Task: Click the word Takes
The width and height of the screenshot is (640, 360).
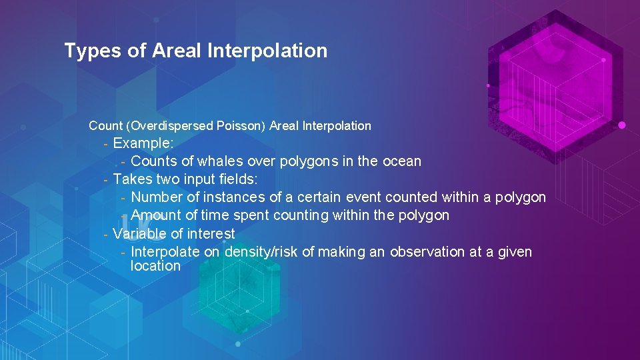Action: (x=132, y=179)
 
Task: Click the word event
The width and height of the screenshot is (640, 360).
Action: (x=366, y=197)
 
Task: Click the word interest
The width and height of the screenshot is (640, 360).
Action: (x=211, y=234)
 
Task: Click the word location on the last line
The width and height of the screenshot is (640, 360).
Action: (x=155, y=266)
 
